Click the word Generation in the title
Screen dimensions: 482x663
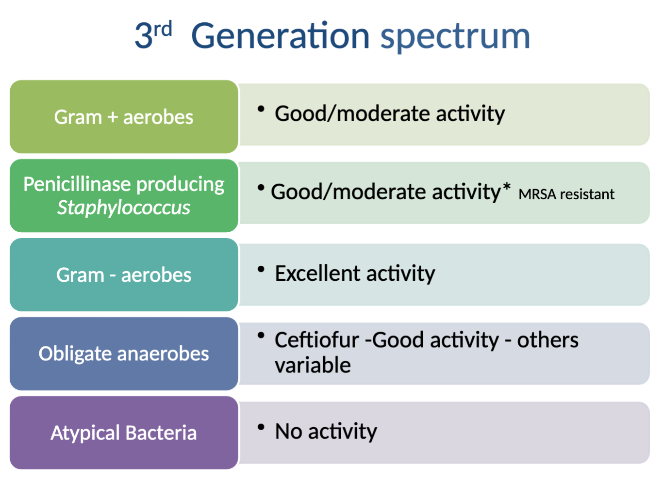point(280,36)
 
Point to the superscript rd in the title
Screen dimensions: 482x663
point(163,29)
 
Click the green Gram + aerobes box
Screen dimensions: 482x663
point(124,117)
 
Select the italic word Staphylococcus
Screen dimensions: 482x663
point(124,208)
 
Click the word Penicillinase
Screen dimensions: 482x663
point(77,184)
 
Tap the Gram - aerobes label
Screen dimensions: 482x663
point(124,275)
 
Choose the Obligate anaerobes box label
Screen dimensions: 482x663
point(124,353)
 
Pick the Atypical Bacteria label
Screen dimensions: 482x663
point(124,433)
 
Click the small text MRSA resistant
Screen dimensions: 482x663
point(566,194)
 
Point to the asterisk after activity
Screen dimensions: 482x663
point(507,187)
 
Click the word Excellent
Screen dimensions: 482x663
point(317,273)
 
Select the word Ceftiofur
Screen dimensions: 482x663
point(316,340)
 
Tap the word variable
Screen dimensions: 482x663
point(313,365)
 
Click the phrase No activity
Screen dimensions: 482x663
point(326,431)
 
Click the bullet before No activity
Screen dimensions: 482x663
point(261,427)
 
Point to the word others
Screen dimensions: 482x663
point(547,340)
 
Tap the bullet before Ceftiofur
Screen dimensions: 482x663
point(261,335)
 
